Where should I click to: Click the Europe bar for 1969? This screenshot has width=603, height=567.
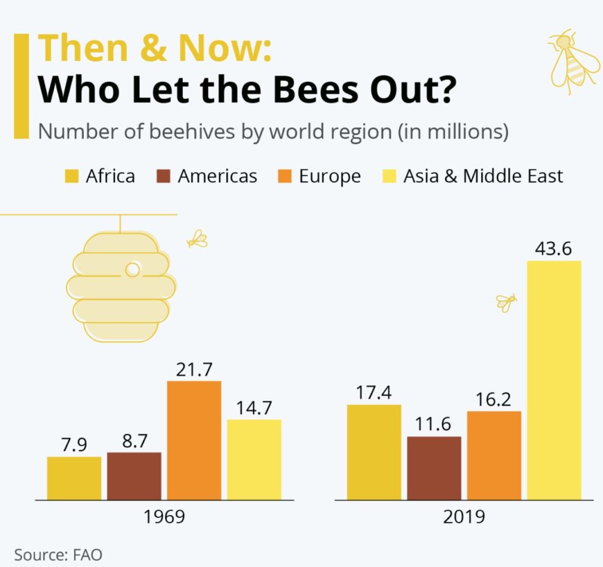click(x=194, y=440)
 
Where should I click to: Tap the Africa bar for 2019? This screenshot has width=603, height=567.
click(x=374, y=452)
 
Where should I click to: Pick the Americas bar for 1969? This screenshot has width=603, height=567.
click(x=134, y=476)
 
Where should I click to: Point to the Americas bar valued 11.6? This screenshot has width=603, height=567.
click(x=434, y=468)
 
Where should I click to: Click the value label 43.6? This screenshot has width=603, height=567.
click(x=553, y=249)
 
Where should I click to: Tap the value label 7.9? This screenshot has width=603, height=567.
click(x=74, y=445)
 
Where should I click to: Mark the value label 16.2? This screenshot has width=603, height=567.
click(x=494, y=400)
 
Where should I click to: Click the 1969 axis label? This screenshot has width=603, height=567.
click(x=164, y=516)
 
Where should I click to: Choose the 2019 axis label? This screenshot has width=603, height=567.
click(x=464, y=516)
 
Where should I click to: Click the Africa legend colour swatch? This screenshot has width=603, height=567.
click(x=71, y=176)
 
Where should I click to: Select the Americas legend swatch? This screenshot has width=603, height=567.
click(x=163, y=176)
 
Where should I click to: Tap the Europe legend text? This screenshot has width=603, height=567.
click(x=329, y=176)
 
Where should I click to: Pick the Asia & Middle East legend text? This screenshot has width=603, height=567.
click(x=483, y=176)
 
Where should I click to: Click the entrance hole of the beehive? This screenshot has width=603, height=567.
click(x=132, y=270)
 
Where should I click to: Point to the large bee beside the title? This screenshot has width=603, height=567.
click(x=569, y=59)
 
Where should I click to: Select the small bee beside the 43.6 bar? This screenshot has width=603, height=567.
click(x=505, y=302)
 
